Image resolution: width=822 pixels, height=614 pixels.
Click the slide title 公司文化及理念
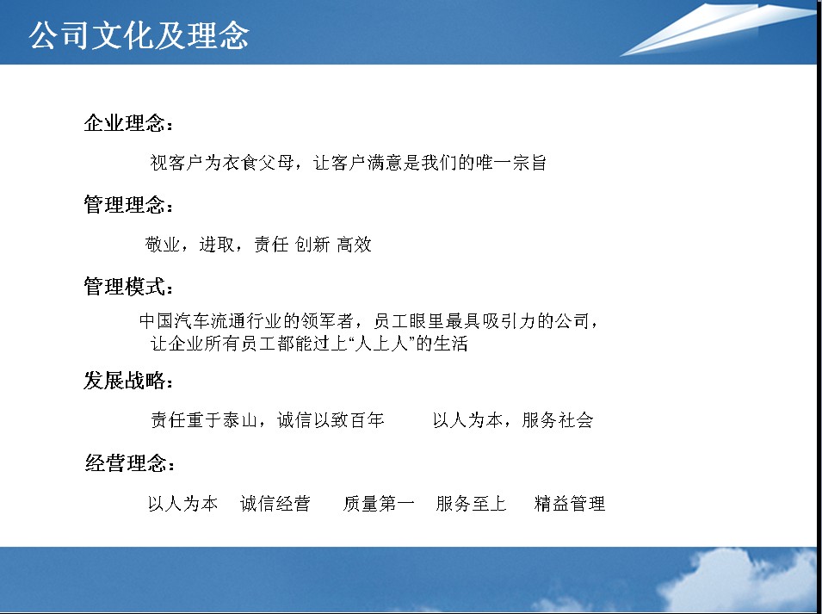pyautogui.click(x=139, y=35)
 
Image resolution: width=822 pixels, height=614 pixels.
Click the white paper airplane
pyautogui.click(x=718, y=28)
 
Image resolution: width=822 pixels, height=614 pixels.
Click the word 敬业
pyautogui.click(x=163, y=245)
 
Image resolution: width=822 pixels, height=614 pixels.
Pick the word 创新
pyautogui.click(x=312, y=245)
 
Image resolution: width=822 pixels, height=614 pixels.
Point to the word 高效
pyautogui.click(x=355, y=245)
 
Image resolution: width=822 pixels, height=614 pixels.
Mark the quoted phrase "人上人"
pyautogui.click(x=381, y=344)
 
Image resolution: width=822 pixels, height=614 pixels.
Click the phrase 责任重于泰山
pyautogui.click(x=204, y=420)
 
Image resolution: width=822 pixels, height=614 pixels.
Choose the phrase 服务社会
pyautogui.click(x=558, y=420)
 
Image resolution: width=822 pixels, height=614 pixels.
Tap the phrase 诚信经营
pyautogui.click(x=275, y=504)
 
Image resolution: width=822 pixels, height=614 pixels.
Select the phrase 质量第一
pyautogui.click(x=379, y=504)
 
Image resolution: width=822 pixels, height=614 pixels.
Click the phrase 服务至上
pyautogui.click(x=472, y=504)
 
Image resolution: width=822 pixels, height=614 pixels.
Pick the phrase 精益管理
pyautogui.click(x=570, y=504)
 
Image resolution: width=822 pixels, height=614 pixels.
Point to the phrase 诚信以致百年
pyautogui.click(x=331, y=420)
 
